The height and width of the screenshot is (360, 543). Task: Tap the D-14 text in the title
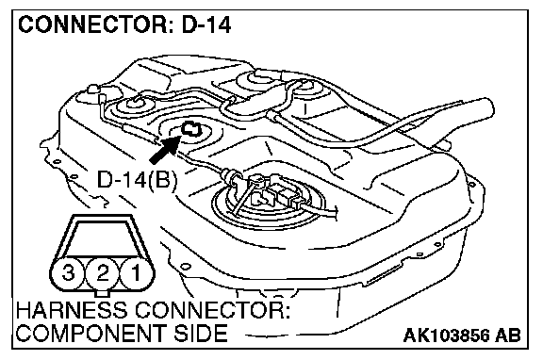(x=206, y=25)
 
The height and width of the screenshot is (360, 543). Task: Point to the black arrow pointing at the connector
(x=164, y=149)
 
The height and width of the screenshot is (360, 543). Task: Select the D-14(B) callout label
(x=138, y=181)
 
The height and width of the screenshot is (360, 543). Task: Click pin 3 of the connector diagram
(x=68, y=272)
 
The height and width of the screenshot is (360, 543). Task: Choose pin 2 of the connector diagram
(x=103, y=273)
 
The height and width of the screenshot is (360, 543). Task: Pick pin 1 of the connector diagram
(x=137, y=272)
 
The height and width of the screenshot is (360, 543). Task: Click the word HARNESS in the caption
(x=72, y=310)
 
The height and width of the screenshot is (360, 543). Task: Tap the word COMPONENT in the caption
(x=90, y=333)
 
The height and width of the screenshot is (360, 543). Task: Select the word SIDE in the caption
(x=200, y=333)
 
